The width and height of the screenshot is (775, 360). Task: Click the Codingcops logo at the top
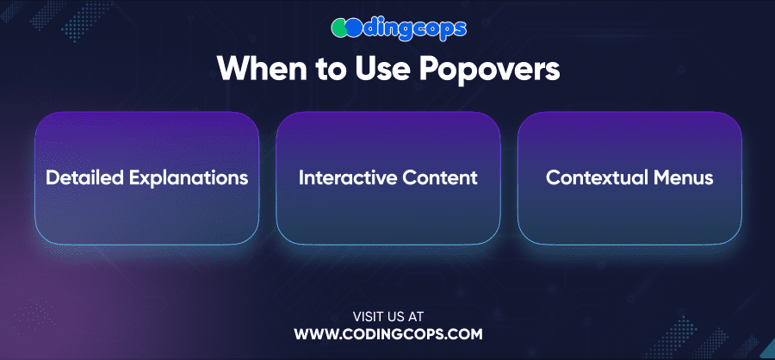(x=399, y=28)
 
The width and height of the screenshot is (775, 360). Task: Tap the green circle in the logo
(x=339, y=28)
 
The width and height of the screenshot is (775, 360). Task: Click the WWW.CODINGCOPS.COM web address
(x=388, y=334)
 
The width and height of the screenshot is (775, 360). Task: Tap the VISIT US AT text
(x=388, y=316)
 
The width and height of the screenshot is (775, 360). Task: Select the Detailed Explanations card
(x=146, y=178)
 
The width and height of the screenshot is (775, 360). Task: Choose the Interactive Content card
(x=388, y=178)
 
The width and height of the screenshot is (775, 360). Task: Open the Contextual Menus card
(x=629, y=178)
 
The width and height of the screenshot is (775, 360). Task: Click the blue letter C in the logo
(x=354, y=28)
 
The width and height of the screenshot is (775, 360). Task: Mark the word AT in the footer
(x=416, y=316)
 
